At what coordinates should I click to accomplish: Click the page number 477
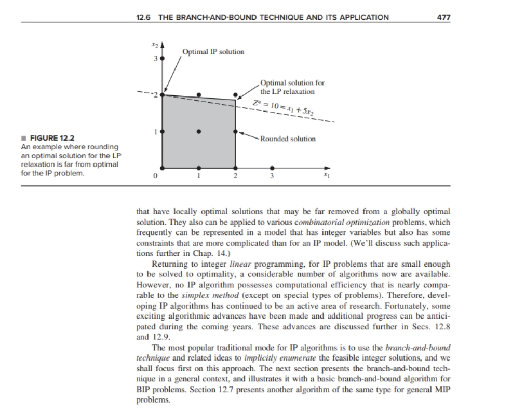(x=444, y=17)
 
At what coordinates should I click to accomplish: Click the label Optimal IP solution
(x=213, y=52)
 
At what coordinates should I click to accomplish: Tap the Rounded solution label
(x=288, y=139)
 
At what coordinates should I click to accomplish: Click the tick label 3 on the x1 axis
(x=272, y=177)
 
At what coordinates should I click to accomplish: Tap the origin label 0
(x=154, y=177)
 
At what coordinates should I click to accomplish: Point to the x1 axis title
(x=326, y=176)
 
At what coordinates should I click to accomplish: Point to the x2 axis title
(x=154, y=46)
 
